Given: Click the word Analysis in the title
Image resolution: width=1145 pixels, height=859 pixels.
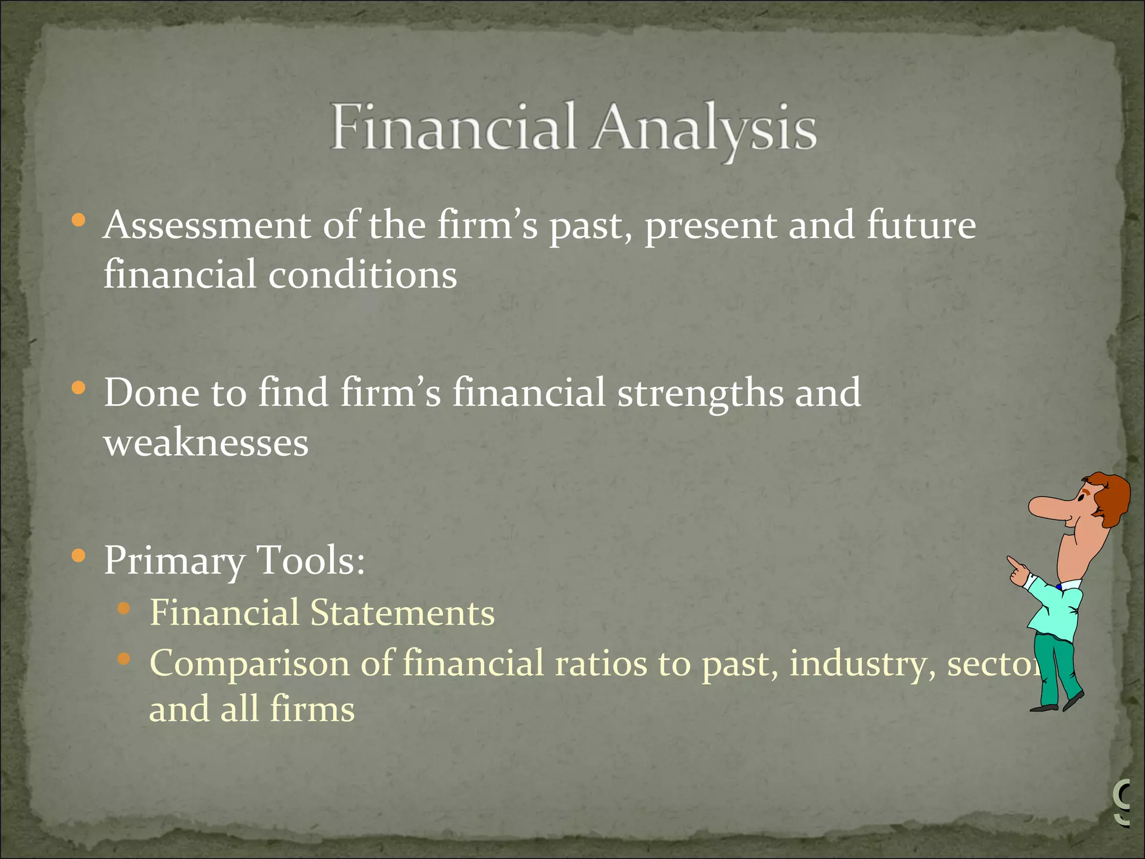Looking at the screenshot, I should point(704,129).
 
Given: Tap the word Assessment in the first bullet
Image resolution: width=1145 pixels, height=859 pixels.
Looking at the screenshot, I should point(207,225).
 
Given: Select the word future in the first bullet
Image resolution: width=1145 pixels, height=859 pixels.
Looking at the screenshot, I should point(921,225).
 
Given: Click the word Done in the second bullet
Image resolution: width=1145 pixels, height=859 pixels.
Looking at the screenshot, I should point(151,393).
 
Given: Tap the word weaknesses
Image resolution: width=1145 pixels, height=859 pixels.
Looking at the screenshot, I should point(206,443).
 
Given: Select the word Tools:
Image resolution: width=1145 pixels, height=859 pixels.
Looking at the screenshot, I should point(310,560).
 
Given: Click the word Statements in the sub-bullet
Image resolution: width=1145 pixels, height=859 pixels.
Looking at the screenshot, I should point(403,612).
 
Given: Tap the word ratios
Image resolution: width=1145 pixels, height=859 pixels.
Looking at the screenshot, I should point(600,663).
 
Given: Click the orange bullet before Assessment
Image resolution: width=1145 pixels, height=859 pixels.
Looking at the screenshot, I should point(79,220).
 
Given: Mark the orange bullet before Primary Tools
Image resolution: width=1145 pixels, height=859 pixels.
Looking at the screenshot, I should point(79,555).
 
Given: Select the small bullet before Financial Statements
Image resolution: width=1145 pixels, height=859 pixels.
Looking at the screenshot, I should point(124,608).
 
